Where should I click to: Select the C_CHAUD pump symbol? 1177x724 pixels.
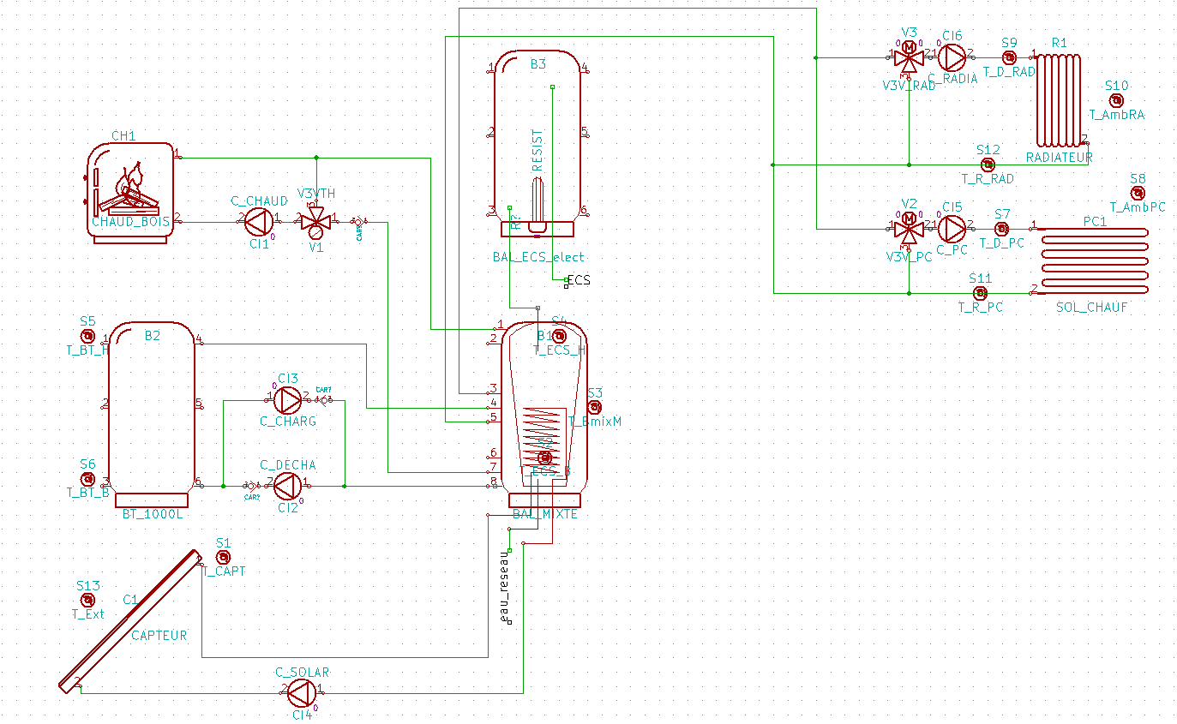click(x=256, y=222)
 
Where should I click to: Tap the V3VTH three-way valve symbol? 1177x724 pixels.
click(x=316, y=222)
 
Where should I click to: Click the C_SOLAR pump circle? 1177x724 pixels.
click(x=301, y=690)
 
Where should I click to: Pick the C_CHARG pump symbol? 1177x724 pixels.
click(x=287, y=398)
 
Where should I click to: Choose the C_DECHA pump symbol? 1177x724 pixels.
click(x=287, y=487)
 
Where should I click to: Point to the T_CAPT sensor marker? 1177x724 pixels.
click(x=223, y=558)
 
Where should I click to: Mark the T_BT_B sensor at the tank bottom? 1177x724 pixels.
click(x=87, y=479)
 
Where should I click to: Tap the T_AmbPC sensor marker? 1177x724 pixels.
click(x=1138, y=193)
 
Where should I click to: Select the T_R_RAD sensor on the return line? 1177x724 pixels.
click(x=988, y=164)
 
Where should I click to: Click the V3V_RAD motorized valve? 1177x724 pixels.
click(x=909, y=57)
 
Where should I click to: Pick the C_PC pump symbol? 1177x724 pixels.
click(x=952, y=229)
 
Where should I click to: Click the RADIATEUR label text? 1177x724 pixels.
click(x=1059, y=158)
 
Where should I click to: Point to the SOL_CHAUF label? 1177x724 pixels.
click(x=1091, y=307)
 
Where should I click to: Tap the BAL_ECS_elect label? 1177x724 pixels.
click(x=538, y=256)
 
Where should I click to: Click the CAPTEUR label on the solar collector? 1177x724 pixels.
click(x=159, y=636)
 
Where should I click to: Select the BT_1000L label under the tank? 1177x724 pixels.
click(x=153, y=514)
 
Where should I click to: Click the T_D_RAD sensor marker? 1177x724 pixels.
click(x=1009, y=57)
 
